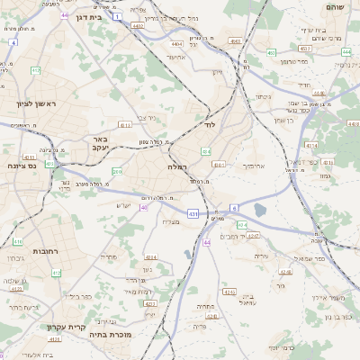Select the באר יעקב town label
click(100, 145)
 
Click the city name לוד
click(212, 125)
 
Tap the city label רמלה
click(176, 167)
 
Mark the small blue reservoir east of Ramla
click(261, 210)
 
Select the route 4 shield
click(13, 42)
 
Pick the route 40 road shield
click(144, 207)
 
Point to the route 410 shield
click(17, 242)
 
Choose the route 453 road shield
click(271, 53)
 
